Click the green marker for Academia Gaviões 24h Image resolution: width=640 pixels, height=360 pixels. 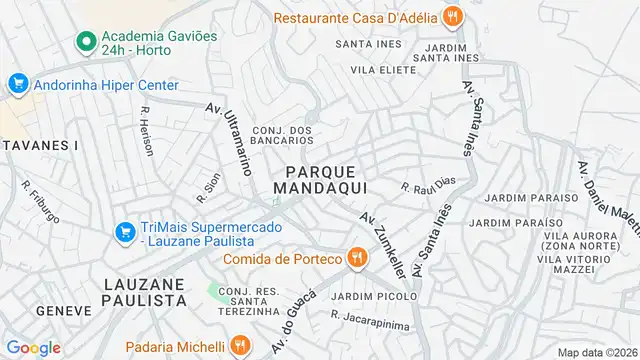pyautogui.click(x=86, y=43)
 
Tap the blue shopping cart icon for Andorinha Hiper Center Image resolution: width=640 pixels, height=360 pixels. pyautogui.click(x=18, y=85)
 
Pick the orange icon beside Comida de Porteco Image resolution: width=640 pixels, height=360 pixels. pyautogui.click(x=357, y=259)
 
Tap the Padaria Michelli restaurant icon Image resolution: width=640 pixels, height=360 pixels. pyautogui.click(x=239, y=345)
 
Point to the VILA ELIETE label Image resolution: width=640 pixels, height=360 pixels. pyautogui.click(x=382, y=70)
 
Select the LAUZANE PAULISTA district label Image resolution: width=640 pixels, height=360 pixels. pyautogui.click(x=145, y=292)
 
